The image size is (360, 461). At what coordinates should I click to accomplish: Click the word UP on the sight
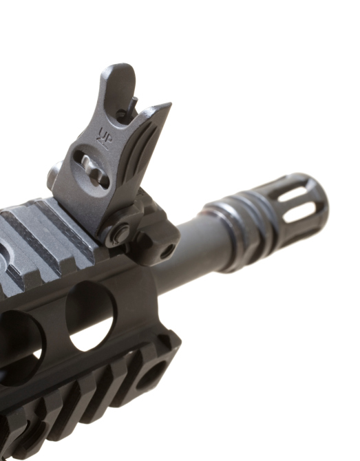105,133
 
